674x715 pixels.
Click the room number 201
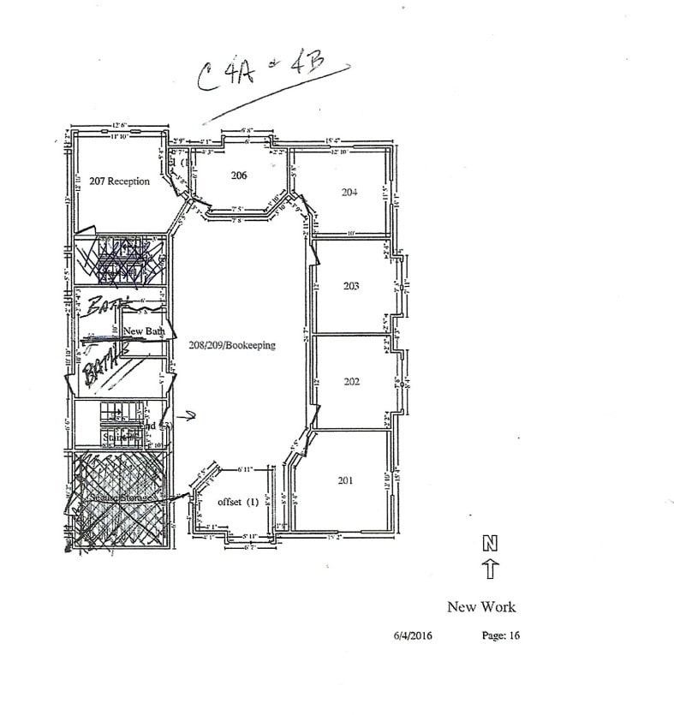[345, 480]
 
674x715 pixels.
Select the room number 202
[351, 382]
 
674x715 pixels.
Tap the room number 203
[351, 285]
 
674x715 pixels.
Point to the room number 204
[349, 193]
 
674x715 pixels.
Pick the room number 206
[239, 176]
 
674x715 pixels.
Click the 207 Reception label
[119, 182]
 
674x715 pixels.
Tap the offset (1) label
[238, 502]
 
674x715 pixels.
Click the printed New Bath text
[144, 331]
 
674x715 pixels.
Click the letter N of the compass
[491, 543]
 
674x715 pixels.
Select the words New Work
[481, 607]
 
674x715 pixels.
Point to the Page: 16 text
[501, 636]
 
